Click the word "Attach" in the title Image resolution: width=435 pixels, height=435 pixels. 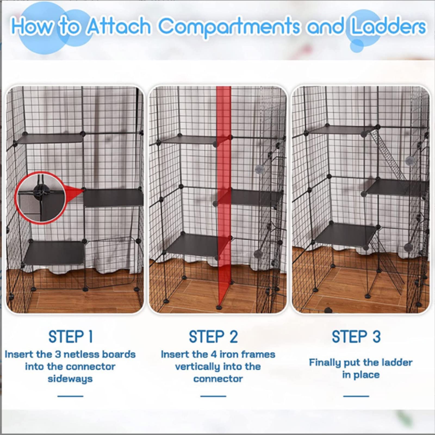119,26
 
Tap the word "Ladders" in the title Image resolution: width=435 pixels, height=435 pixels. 388,26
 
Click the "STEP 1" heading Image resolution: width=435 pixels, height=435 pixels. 71,337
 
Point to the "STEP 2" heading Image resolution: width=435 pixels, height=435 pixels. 213,337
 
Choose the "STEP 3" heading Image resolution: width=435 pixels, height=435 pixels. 356,337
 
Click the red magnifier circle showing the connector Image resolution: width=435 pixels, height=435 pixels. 41,198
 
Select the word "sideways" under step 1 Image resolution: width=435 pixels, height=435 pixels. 70,379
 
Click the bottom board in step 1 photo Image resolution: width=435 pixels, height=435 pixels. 54,253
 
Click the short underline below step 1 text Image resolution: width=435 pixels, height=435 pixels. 70,396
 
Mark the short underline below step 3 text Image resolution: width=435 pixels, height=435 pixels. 356,396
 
